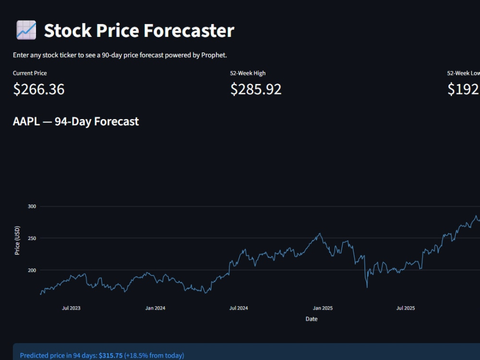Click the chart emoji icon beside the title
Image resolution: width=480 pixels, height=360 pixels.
(26, 30)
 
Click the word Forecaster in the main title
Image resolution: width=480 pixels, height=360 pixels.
(189, 30)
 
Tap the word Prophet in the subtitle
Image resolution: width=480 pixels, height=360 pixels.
(214, 55)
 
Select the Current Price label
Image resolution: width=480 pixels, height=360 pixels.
(30, 73)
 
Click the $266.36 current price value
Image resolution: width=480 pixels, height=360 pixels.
(38, 89)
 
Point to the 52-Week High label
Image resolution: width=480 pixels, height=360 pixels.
(248, 73)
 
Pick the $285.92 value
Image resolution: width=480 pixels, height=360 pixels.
(256, 89)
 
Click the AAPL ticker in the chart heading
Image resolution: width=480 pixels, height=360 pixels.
(26, 121)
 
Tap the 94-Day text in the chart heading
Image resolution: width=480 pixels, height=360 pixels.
(73, 121)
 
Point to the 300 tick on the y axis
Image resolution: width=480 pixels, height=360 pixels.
(32, 206)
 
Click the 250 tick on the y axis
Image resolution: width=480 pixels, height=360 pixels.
(32, 238)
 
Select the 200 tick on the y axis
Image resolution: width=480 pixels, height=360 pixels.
(32, 270)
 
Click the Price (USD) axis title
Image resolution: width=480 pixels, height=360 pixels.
(17, 240)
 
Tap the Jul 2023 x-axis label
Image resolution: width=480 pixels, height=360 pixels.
(71, 308)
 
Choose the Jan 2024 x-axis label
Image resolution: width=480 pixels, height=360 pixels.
(155, 308)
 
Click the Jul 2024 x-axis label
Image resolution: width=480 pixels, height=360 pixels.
(239, 308)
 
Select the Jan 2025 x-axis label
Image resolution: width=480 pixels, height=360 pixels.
(323, 308)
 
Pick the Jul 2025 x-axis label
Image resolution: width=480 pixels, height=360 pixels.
(406, 308)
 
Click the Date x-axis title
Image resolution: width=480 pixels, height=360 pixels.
(312, 319)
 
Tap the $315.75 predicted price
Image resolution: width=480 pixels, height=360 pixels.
(110, 355)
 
